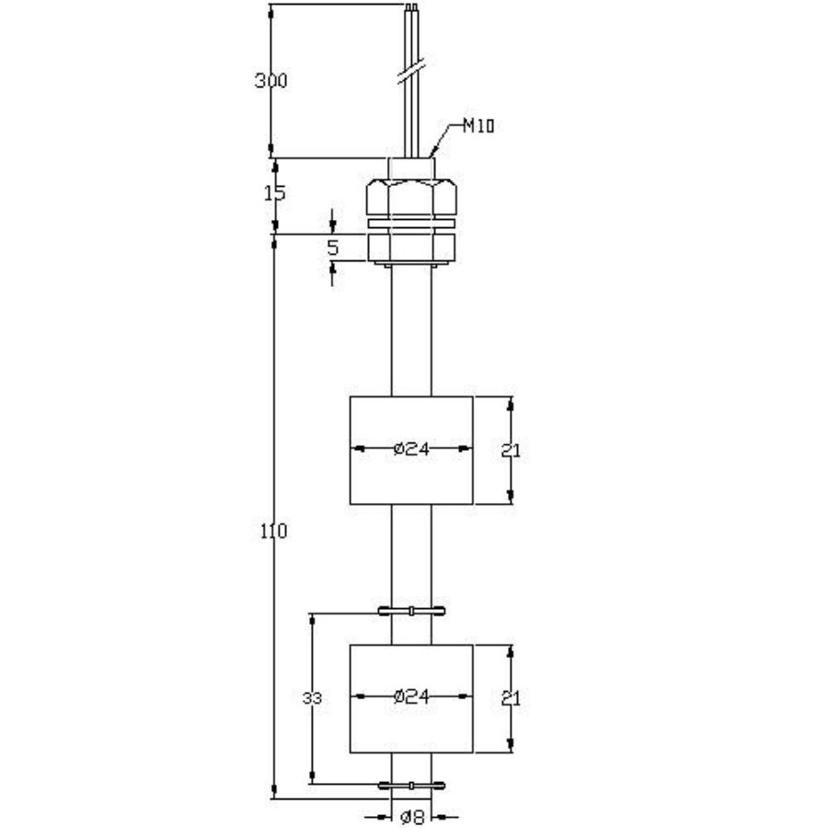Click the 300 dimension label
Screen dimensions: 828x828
271,80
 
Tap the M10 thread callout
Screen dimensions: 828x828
477,127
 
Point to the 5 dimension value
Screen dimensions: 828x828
333,247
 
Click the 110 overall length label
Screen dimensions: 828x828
275,531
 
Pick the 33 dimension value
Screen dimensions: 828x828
313,699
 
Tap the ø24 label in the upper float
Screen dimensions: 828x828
411,449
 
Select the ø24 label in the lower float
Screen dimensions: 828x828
411,696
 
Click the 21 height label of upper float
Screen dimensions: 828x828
512,450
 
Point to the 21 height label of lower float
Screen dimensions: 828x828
512,698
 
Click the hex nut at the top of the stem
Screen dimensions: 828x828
410,195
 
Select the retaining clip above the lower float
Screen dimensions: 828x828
411,611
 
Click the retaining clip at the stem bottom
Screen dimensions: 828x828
411,786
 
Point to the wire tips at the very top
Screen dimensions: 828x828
411,11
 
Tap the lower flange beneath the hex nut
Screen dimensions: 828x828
410,246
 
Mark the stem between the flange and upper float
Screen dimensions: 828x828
411,331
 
